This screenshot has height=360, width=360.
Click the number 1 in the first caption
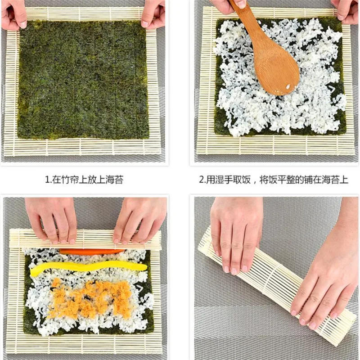47,180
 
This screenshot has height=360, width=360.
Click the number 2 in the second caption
202,180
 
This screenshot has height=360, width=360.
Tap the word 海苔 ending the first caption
115,180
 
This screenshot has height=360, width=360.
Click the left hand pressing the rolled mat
236,234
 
